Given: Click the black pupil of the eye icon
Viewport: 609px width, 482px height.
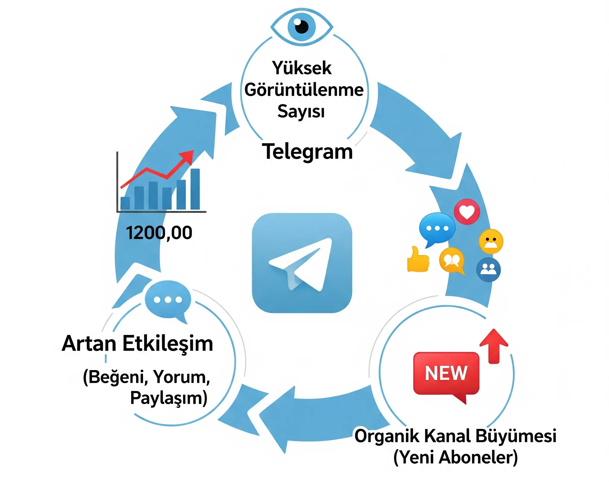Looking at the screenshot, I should point(302,27).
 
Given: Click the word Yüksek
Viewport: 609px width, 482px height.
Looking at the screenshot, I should point(302,68).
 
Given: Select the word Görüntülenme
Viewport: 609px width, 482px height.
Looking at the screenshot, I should point(304,90).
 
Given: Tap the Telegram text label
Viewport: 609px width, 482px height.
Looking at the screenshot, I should point(307,152).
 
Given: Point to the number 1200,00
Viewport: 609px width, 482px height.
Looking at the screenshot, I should point(159,233).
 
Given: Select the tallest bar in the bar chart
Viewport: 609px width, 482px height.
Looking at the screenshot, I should point(195,189).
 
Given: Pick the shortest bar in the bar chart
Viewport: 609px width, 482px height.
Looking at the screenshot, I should point(125,203).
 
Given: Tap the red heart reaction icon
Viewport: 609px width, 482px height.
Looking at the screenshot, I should point(467,212).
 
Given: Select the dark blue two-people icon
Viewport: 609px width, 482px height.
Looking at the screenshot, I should point(488,269).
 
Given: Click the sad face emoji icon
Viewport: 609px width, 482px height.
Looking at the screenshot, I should point(491,241).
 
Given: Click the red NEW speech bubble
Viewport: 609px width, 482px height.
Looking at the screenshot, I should point(446,374).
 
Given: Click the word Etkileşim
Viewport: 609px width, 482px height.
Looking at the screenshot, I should point(168,344).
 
